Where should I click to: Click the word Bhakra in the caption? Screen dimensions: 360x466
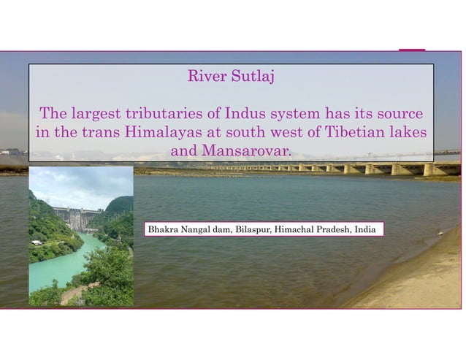163,229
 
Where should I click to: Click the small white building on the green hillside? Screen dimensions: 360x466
37,242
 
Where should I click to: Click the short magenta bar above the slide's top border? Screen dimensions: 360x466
412,50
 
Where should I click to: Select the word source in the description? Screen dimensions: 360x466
400,115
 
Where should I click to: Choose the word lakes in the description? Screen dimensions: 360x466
406,133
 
